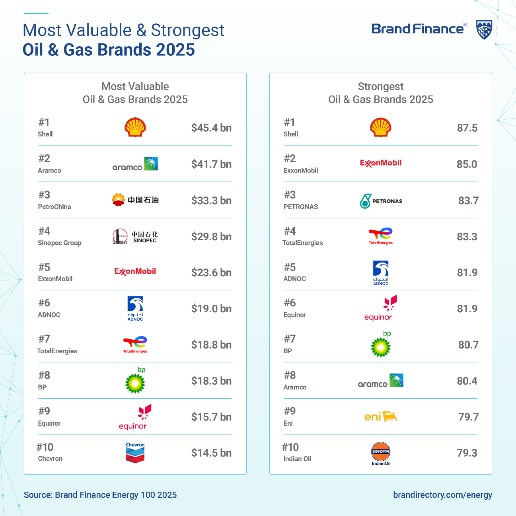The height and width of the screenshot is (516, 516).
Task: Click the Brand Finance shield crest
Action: [x=484, y=30]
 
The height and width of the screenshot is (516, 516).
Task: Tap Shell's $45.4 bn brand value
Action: [x=211, y=128]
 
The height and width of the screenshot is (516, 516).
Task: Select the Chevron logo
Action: [x=135, y=452]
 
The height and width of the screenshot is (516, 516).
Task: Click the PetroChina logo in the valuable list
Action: [x=135, y=200]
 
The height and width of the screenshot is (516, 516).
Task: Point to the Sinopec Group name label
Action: [x=60, y=243]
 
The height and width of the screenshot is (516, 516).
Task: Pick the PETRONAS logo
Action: [x=381, y=201]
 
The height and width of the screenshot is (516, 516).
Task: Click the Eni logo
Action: [x=380, y=417]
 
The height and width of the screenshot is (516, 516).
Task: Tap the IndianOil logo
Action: [x=381, y=454]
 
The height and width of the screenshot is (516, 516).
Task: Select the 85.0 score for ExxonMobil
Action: [x=467, y=164]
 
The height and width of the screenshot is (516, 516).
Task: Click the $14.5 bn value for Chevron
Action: [x=211, y=453]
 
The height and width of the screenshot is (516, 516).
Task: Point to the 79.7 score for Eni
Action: [x=468, y=417]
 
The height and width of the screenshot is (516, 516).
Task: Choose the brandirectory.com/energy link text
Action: [x=443, y=495]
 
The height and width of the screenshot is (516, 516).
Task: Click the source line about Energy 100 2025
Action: [x=100, y=495]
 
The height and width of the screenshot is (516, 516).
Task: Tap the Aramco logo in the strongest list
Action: [x=380, y=380]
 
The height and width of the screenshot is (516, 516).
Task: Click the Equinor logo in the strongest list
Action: [x=380, y=308]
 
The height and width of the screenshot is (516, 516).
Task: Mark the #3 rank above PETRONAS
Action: [x=290, y=195]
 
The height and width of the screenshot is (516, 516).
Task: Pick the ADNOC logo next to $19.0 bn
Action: [x=135, y=308]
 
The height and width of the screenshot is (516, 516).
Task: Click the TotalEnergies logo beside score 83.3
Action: [x=380, y=236]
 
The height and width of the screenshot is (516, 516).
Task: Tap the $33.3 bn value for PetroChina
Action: [x=211, y=200]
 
